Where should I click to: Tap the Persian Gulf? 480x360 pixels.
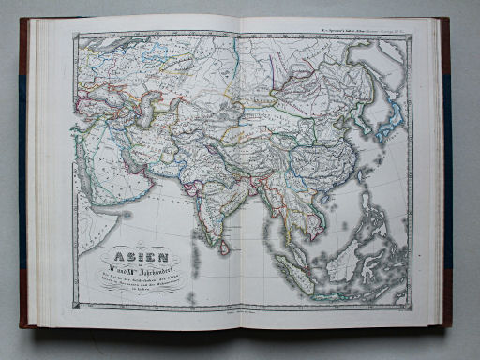pos(131,162)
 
